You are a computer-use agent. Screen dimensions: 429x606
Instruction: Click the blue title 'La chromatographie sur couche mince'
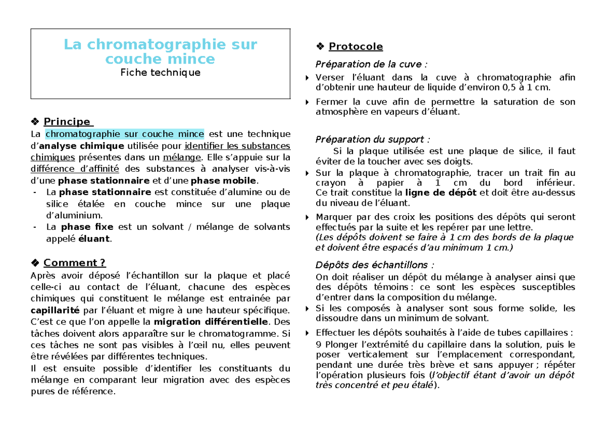[160, 52]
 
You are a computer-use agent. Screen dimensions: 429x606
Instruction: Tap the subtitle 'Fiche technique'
[160, 72]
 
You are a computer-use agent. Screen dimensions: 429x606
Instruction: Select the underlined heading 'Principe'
[67, 122]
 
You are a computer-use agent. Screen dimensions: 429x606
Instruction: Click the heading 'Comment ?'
[74, 263]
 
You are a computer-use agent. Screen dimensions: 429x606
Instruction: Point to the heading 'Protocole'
[356, 47]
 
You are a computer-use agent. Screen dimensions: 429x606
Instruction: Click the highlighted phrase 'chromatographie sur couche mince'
[124, 134]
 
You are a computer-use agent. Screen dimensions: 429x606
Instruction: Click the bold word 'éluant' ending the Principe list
[93, 239]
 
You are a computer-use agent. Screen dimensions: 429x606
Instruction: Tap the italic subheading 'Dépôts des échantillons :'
[374, 265]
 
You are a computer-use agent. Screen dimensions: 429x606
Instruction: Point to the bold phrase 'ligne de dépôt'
[441, 193]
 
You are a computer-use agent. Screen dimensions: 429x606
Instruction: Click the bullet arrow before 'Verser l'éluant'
[308, 78]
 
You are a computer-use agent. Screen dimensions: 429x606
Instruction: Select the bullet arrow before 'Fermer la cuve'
[308, 102]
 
